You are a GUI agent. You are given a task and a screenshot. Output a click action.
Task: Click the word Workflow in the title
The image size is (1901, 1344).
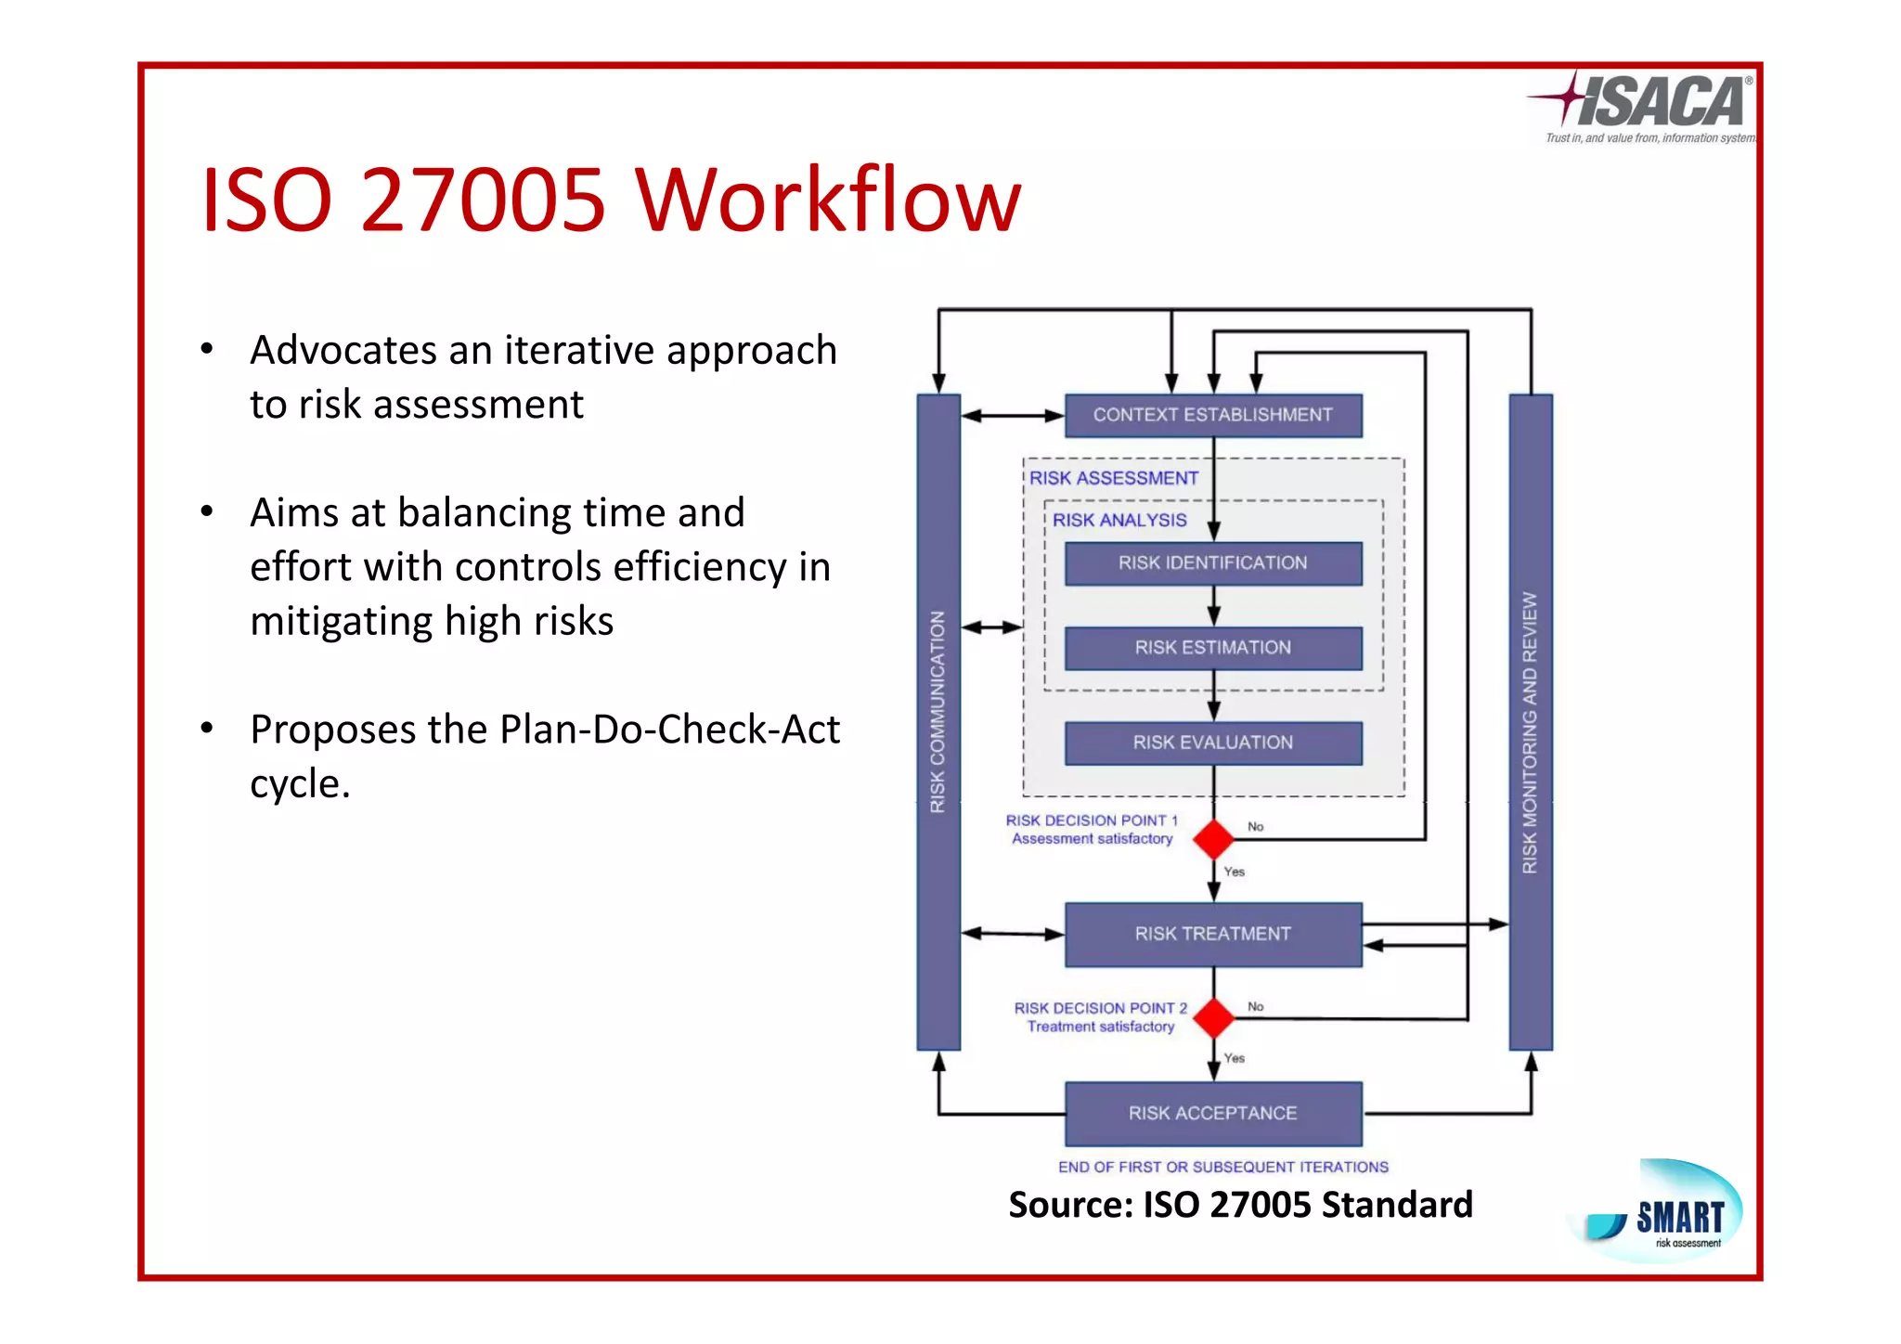click(828, 200)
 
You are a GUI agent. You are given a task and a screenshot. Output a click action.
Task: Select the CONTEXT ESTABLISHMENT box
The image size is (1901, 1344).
click(1212, 415)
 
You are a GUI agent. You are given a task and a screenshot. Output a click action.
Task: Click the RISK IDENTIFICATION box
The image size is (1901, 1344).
click(1212, 562)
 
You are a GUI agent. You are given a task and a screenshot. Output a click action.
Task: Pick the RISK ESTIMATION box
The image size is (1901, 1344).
click(1212, 648)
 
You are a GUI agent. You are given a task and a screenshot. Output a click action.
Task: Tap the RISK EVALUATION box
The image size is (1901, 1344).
click(1212, 743)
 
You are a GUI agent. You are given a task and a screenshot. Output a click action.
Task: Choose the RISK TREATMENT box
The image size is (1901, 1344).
click(1212, 934)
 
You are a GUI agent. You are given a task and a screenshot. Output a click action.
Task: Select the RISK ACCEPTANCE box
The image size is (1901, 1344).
click(1212, 1113)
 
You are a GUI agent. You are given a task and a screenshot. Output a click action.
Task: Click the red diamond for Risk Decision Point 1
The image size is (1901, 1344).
click(1213, 839)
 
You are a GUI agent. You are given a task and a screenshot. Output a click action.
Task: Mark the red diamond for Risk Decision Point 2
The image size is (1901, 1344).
click(1213, 1018)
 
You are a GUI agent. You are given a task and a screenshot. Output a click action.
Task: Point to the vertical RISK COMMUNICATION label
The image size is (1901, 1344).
click(938, 713)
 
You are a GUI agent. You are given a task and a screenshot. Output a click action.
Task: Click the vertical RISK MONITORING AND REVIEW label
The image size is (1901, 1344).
click(1530, 733)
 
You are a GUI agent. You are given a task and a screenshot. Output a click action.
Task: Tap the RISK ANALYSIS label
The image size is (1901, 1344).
click(1119, 521)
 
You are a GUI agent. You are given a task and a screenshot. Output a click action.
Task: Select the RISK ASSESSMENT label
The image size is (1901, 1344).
click(1114, 478)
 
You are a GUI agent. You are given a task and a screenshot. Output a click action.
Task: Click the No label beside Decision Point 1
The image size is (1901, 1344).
click(1255, 826)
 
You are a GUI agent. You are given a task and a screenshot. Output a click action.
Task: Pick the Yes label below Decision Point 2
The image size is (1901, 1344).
click(1234, 1058)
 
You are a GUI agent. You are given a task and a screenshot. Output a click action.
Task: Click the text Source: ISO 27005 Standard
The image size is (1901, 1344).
click(1240, 1205)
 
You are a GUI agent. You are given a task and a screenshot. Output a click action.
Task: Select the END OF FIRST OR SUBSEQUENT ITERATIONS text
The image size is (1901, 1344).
click(1222, 1167)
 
